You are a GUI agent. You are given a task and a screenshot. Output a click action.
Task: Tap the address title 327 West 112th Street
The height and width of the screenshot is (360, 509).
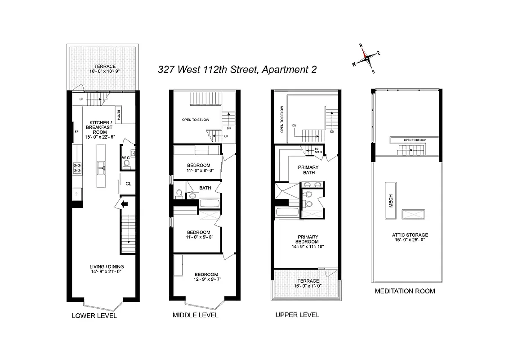[237, 69]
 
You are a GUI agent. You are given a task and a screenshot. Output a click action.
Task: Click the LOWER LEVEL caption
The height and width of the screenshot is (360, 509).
[94, 316]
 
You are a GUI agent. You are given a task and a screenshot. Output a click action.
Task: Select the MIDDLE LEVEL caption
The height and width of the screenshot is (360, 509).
[196, 315]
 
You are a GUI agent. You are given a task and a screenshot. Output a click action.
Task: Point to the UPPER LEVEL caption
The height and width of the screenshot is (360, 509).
[297, 315]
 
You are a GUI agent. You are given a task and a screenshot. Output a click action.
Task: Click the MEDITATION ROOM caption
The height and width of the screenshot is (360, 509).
[405, 291]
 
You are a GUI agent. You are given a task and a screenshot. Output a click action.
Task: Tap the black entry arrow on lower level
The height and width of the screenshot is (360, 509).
[124, 204]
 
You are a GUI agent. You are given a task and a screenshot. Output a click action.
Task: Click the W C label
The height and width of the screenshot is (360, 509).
[126, 157]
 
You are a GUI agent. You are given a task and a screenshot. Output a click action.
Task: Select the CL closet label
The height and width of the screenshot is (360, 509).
[128, 183]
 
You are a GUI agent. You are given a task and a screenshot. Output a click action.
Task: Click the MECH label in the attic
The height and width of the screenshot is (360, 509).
[391, 201]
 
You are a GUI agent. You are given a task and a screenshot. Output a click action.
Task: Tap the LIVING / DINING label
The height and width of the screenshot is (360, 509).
[100, 269]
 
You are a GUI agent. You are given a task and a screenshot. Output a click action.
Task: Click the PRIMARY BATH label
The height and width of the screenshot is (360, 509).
[308, 170]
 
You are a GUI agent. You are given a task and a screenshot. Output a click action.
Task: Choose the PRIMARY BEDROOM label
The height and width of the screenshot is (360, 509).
[308, 239]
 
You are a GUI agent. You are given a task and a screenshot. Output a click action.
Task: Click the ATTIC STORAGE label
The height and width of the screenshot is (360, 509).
[409, 235]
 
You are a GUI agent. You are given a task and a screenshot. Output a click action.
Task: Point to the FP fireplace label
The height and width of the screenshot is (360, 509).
[76, 132]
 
